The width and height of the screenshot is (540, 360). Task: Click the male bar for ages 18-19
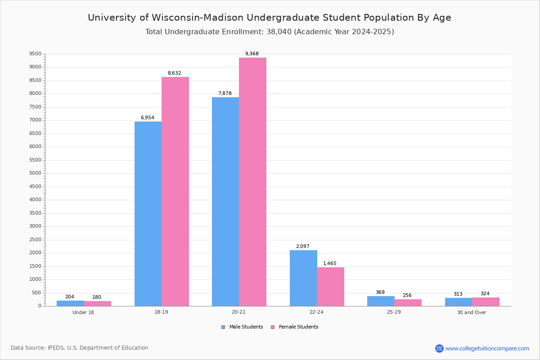[x=148, y=214]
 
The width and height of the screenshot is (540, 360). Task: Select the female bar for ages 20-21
[x=252, y=182]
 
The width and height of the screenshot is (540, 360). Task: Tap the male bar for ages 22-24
[x=303, y=278]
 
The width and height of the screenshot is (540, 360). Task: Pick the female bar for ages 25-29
[x=408, y=302]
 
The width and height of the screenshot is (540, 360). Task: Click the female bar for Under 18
[x=97, y=303]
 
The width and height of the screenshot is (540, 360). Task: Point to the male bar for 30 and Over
[x=458, y=302]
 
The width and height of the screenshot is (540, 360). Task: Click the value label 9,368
[x=252, y=54]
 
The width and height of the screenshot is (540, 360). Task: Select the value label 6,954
[x=147, y=118]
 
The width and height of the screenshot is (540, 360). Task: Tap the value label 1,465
[x=329, y=264]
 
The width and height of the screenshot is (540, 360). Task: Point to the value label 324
[x=485, y=294]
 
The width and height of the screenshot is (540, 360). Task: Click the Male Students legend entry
[x=246, y=327]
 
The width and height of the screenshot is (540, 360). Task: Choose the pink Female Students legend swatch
[x=273, y=327]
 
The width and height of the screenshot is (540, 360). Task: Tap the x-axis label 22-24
[x=316, y=312]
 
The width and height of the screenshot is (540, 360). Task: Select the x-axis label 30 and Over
[x=472, y=312]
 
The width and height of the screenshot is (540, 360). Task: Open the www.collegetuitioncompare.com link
[x=487, y=348]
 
